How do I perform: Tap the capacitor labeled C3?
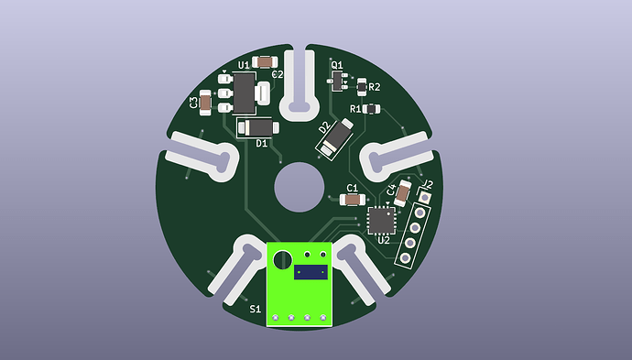pos(206,104)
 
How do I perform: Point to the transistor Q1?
pos(337,82)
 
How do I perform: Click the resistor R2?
pos(362,87)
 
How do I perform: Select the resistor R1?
pos(371,109)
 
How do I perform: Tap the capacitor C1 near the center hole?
pos(351,199)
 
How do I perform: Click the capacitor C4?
pos(403,192)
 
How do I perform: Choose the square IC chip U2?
pos(380,221)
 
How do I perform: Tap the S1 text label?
pos(256,310)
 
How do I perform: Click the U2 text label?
pos(383,241)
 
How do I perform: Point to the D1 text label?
pos(261,144)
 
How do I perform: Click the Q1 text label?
pos(336,66)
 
